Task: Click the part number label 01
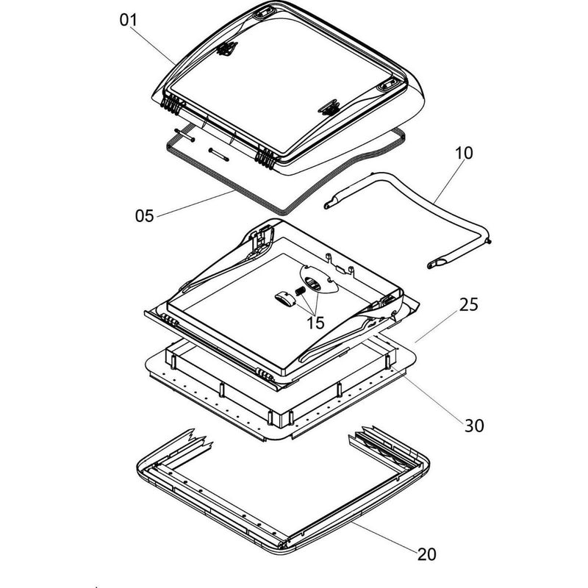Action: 129,20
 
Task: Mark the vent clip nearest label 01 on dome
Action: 226,49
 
